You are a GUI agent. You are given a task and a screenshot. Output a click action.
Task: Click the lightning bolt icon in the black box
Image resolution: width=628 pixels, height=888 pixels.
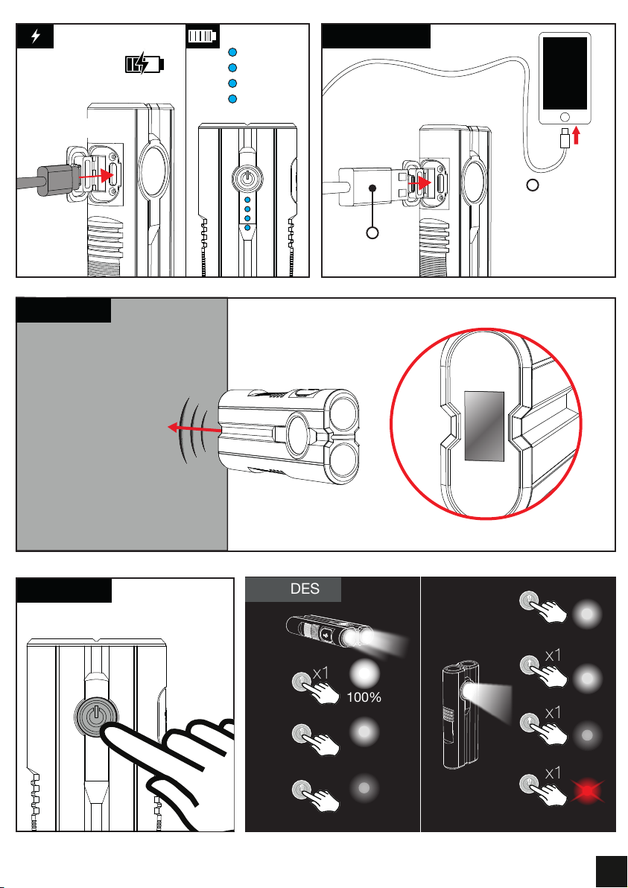click(x=36, y=37)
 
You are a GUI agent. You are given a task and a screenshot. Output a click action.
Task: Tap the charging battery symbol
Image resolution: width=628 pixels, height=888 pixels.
click(x=145, y=63)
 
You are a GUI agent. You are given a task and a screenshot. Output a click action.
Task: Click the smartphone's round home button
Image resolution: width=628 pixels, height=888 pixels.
click(x=564, y=117)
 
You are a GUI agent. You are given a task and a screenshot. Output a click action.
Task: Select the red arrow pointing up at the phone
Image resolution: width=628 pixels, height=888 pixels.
click(x=577, y=135)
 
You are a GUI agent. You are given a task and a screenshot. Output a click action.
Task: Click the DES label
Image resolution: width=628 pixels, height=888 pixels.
click(x=305, y=589)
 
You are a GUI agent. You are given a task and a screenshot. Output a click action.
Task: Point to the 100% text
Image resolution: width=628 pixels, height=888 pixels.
click(x=364, y=698)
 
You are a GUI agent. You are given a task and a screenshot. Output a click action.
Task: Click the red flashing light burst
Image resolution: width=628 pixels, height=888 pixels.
click(x=587, y=790)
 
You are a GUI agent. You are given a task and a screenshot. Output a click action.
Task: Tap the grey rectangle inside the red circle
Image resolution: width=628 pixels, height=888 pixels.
click(x=484, y=425)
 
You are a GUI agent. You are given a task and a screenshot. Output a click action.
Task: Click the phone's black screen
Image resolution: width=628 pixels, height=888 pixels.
click(x=565, y=73)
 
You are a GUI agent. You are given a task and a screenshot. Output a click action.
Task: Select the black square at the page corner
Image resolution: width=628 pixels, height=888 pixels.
click(x=611, y=870)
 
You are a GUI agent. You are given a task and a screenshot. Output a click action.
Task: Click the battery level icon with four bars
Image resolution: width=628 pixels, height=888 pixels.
click(x=202, y=37)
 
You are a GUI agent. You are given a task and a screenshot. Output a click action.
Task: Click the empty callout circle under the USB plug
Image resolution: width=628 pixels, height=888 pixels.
click(x=372, y=232)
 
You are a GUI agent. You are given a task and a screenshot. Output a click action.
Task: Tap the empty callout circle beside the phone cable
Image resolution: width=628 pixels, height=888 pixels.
click(x=533, y=185)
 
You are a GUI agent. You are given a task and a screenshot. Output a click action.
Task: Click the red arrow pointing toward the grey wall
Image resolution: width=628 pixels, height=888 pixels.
click(x=194, y=428)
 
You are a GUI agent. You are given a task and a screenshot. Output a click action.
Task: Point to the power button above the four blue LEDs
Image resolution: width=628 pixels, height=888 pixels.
click(x=247, y=177)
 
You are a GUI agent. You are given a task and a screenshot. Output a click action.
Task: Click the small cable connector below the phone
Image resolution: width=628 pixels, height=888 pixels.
click(x=565, y=138)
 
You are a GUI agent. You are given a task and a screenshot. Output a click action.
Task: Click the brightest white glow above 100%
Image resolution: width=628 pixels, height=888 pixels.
click(x=365, y=674)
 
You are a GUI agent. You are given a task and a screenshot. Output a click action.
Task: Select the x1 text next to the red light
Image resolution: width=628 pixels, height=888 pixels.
click(x=553, y=773)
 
